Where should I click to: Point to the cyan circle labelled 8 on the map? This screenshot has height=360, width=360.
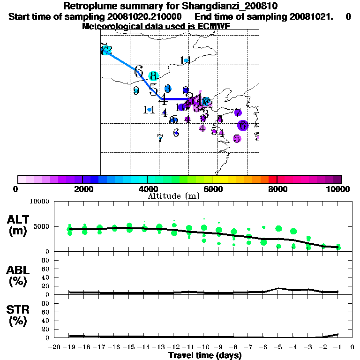pyautogui.click(x=153, y=76)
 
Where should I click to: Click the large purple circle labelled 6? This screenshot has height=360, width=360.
pyautogui.click(x=242, y=125)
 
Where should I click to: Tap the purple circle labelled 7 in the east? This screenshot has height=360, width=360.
pyautogui.click(x=238, y=112)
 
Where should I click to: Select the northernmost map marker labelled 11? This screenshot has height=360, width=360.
pyautogui.click(x=186, y=60)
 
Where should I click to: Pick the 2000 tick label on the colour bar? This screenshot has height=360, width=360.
pyautogui.click(x=82, y=189)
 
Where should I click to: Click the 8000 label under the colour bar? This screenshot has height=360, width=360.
pyautogui.click(x=277, y=189)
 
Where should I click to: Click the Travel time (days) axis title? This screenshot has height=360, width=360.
pyautogui.click(x=205, y=356)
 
